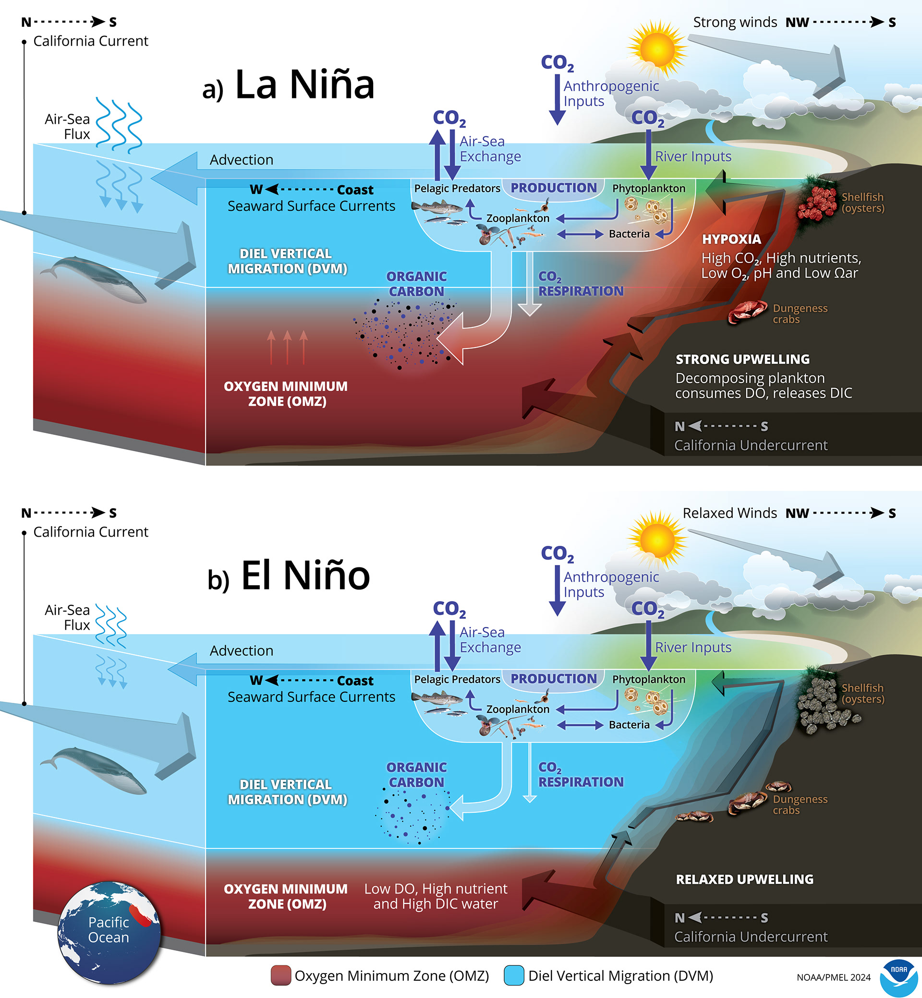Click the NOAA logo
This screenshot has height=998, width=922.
(x=898, y=977)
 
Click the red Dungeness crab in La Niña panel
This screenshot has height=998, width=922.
(x=747, y=312)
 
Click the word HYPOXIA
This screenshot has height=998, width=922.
(x=731, y=240)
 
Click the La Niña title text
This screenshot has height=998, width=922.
(x=304, y=85)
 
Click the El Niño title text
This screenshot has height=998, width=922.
(x=305, y=576)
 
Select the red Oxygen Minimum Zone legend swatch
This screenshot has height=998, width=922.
(x=280, y=975)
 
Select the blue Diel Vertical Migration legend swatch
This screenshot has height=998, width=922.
(x=514, y=975)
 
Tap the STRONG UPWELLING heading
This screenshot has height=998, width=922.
(x=742, y=359)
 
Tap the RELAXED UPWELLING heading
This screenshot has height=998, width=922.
(x=744, y=879)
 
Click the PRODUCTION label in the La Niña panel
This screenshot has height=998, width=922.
(x=553, y=188)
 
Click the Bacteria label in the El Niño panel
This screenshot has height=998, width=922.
(x=629, y=725)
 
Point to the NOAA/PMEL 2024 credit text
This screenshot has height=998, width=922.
(x=833, y=977)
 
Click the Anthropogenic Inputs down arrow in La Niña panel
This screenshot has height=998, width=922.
(x=557, y=100)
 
